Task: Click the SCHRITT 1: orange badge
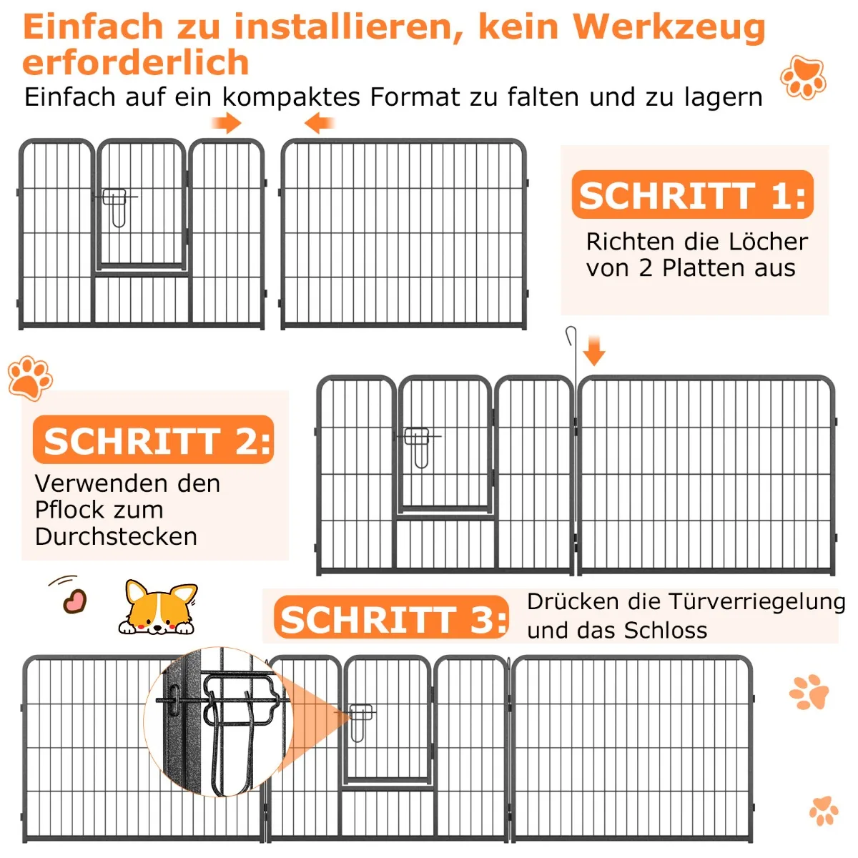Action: click(x=692, y=194)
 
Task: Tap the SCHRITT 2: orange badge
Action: click(x=153, y=440)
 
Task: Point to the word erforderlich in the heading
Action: click(x=135, y=62)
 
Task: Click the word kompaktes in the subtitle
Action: click(x=291, y=97)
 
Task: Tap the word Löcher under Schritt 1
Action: click(x=768, y=242)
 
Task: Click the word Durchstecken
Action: click(x=116, y=536)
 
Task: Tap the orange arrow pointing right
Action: click(x=226, y=123)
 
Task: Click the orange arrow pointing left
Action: click(x=319, y=123)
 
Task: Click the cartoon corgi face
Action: click(x=158, y=607)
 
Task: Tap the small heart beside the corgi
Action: click(x=74, y=601)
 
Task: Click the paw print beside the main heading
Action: click(x=803, y=77)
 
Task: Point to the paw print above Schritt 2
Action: click(x=30, y=378)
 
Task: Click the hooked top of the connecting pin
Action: click(x=571, y=335)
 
